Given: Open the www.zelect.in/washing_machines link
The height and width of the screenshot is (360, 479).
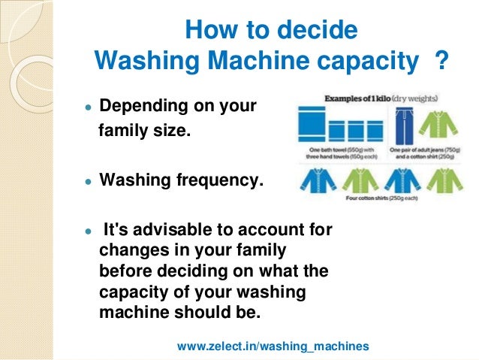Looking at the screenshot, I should tap(273, 346).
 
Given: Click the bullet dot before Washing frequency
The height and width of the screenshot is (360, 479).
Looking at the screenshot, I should tap(89, 183).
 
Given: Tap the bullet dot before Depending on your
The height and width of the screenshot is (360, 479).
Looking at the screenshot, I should tap(89, 108).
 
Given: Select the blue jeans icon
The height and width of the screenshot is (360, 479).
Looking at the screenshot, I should tap(402, 126).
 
